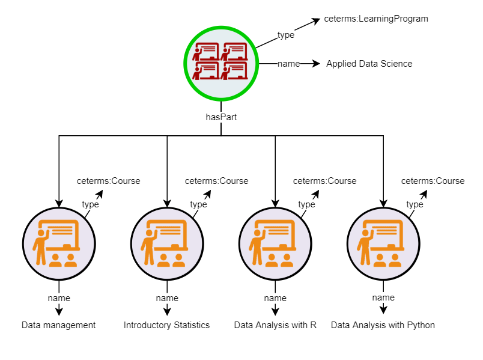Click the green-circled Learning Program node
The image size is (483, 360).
[221, 63]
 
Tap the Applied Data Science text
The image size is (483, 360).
[369, 64]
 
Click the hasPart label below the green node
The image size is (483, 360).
[221, 117]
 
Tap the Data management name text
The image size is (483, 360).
[59, 325]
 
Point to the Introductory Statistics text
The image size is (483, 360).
[167, 325]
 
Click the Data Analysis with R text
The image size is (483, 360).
[275, 325]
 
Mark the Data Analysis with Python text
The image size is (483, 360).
[383, 325]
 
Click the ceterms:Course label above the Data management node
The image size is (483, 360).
[108, 181]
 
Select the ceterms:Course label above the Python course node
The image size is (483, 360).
[433, 181]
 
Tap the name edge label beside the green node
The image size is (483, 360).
[288, 64]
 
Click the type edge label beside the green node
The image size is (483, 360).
[286, 35]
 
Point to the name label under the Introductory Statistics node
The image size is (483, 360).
[167, 298]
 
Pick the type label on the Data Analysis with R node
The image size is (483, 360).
[306, 204]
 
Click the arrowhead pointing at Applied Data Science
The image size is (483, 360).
[316, 64]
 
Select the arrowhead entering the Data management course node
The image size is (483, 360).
[59, 203]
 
